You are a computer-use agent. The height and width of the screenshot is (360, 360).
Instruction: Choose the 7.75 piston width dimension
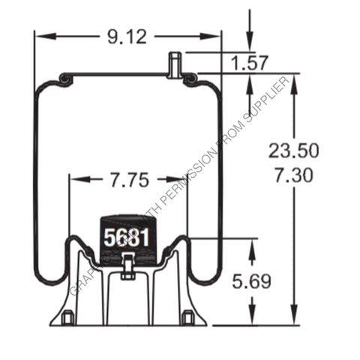point(128,180)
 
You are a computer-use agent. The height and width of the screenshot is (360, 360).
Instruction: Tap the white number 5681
point(126,238)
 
